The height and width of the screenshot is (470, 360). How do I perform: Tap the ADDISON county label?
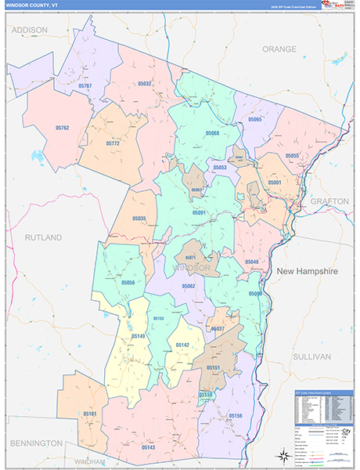point(29,30)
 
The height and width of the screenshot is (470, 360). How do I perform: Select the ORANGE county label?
point(279,49)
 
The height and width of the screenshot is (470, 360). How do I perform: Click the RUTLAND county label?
point(42,237)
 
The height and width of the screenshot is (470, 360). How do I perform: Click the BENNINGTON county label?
point(36,443)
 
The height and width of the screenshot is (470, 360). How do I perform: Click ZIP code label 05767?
point(85,85)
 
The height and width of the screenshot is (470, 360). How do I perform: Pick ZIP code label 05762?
point(63,128)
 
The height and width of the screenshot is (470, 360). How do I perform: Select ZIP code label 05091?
point(199,212)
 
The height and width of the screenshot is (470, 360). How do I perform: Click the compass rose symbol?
point(281,456)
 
